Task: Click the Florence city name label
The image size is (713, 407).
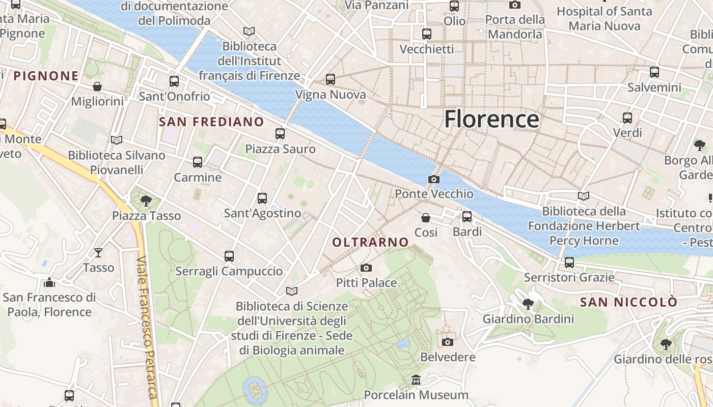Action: tap(491, 119)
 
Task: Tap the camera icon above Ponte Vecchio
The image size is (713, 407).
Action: tap(434, 179)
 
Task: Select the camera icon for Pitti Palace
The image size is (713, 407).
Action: tap(366, 268)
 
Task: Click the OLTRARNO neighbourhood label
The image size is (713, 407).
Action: tap(370, 243)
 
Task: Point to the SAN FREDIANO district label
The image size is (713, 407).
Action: tap(211, 122)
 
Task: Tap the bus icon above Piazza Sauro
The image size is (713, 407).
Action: tap(280, 134)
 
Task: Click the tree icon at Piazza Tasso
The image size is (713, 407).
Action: tap(146, 201)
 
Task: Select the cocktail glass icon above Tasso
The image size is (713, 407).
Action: tap(98, 252)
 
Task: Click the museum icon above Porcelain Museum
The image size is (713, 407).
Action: tap(416, 380)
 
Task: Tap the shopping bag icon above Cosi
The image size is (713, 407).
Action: tap(426, 218)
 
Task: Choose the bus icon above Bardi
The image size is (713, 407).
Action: tap(467, 217)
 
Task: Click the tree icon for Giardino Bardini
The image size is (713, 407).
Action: tap(528, 304)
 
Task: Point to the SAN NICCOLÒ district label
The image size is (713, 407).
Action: tap(628, 302)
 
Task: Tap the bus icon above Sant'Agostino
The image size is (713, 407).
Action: tap(262, 198)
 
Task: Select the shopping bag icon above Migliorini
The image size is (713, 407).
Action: tap(97, 86)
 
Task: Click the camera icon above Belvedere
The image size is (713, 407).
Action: tap(448, 342)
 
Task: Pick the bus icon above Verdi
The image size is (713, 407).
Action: tap(627, 118)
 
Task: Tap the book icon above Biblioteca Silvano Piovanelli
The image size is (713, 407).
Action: tap(117, 140)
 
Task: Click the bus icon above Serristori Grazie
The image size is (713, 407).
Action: tap(569, 263)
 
